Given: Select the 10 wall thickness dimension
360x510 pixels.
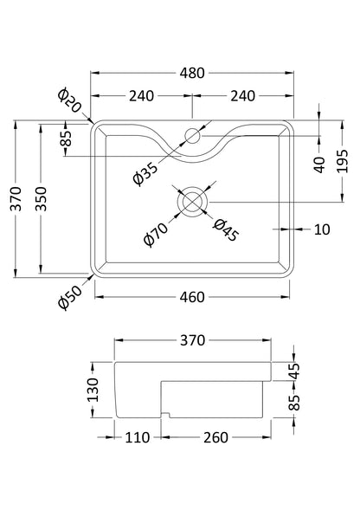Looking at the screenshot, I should click(322, 229).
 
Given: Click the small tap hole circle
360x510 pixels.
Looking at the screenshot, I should click(192, 136).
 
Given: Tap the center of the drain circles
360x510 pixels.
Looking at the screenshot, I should click(190, 200).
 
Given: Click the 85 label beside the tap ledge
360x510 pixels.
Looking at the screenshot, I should click(67, 139).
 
